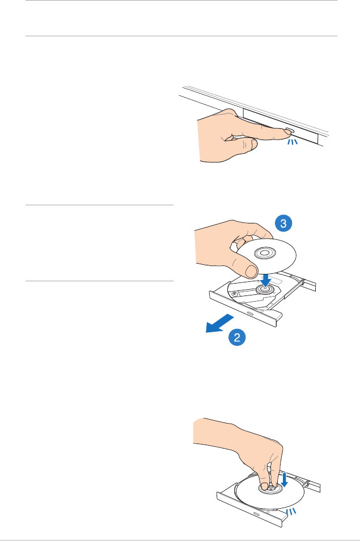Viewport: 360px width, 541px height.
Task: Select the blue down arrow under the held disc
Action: tap(264, 278)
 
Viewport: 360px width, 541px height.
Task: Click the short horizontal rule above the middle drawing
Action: tap(99, 206)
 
